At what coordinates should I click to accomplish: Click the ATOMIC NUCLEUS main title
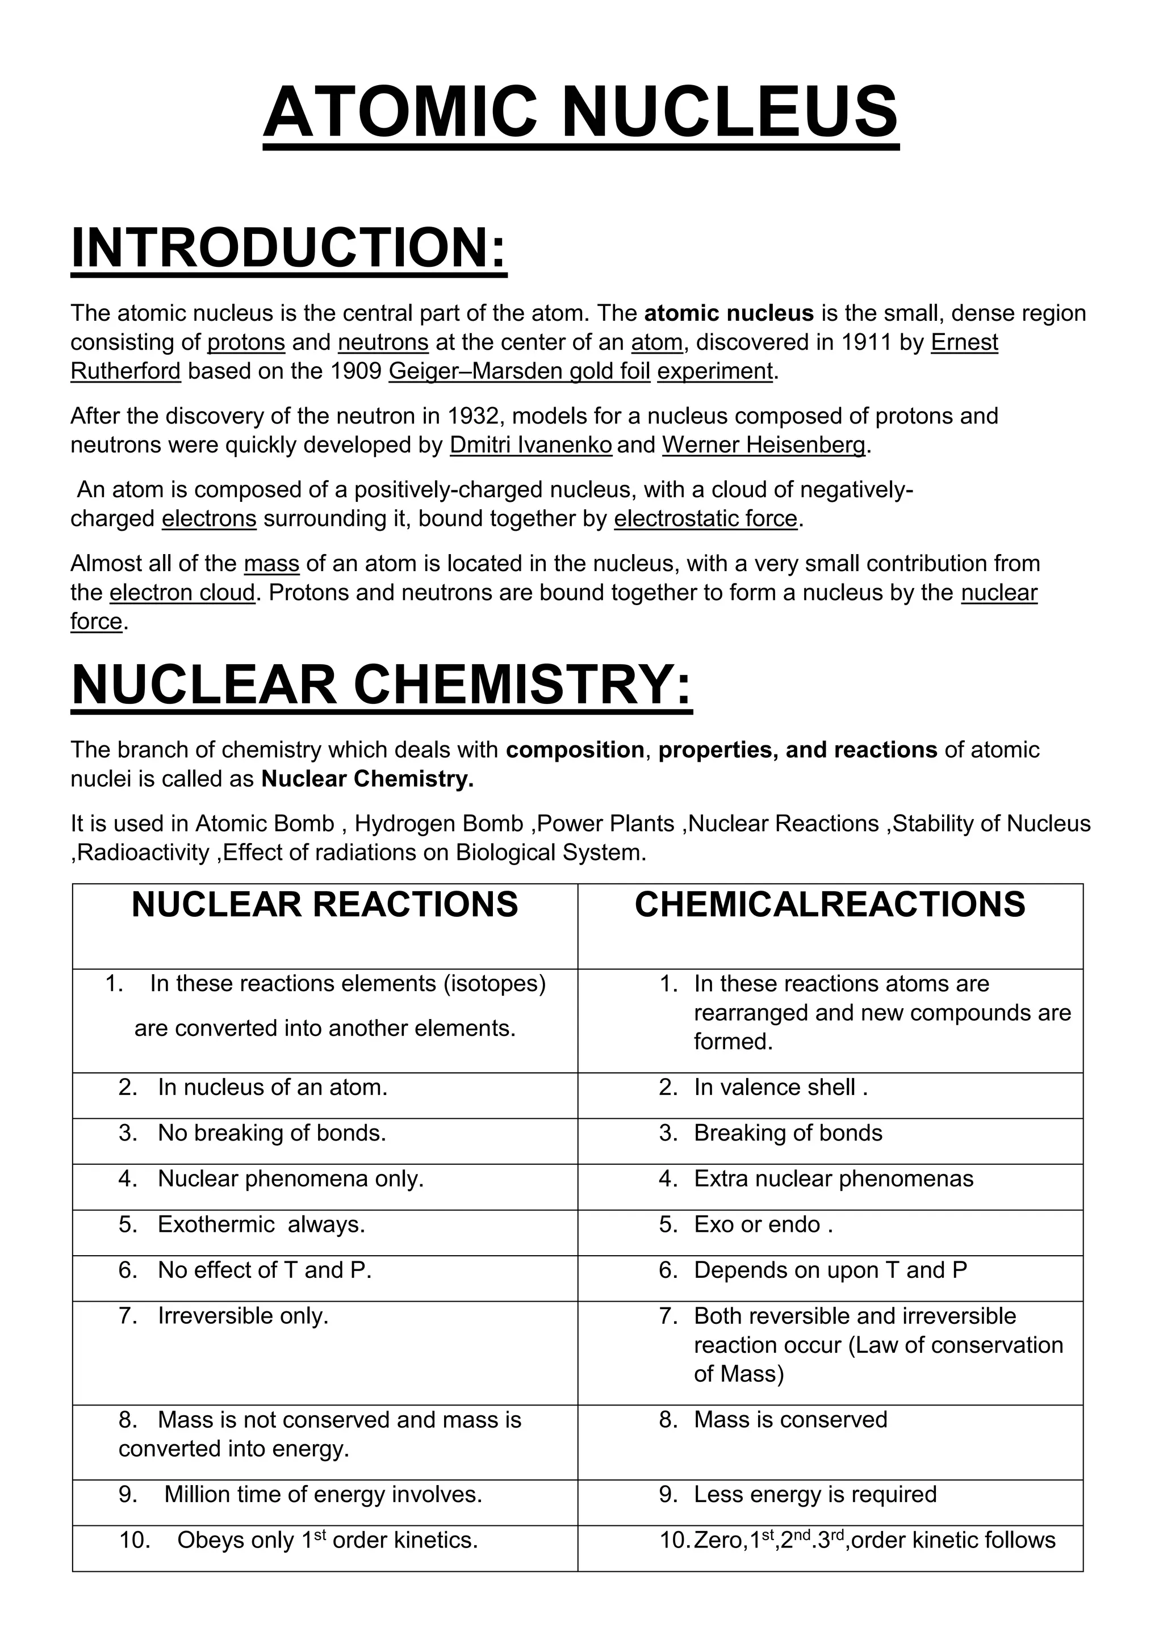tap(581, 112)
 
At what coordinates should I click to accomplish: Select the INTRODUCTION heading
tap(288, 247)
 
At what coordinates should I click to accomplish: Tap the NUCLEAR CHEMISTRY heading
tap(382, 685)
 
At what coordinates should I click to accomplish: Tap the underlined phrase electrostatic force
tap(705, 518)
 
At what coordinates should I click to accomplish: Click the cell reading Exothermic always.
tap(261, 1224)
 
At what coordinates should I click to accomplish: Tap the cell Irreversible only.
tap(243, 1316)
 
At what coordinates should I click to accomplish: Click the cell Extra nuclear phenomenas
tap(833, 1179)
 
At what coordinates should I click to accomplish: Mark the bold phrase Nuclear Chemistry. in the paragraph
tap(367, 779)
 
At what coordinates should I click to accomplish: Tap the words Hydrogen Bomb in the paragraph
tap(438, 824)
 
